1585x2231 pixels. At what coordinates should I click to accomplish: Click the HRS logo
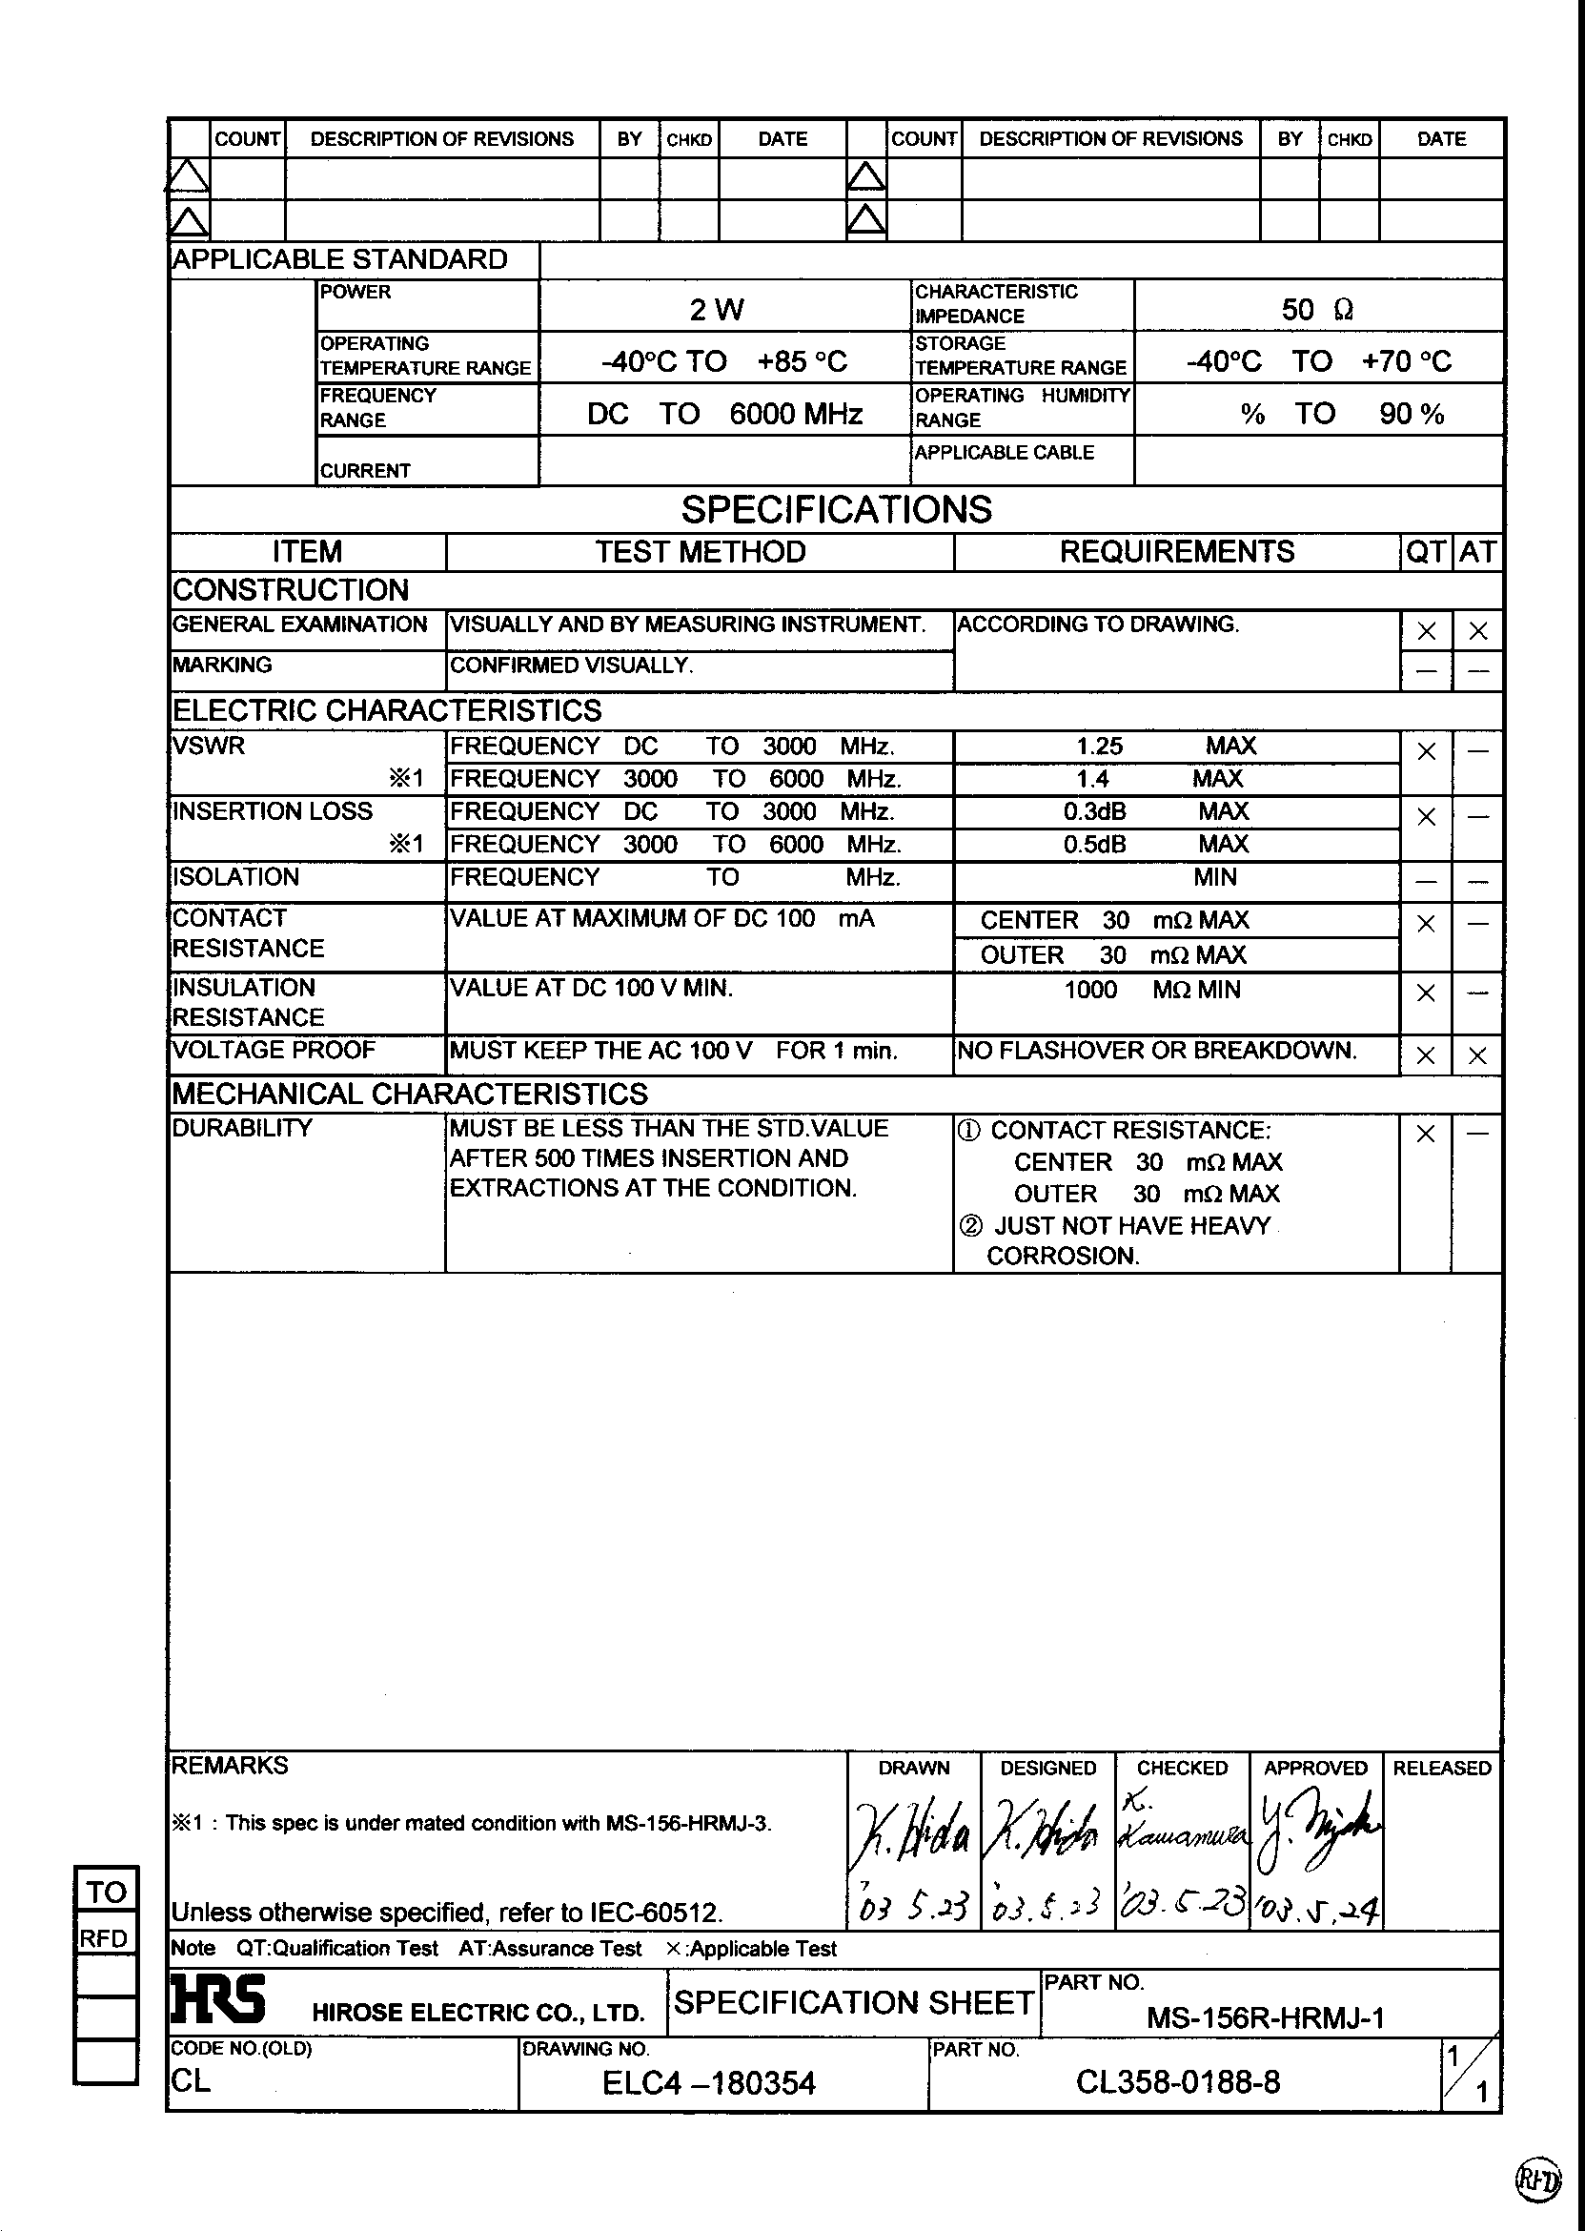217,1997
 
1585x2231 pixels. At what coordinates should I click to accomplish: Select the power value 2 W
717,311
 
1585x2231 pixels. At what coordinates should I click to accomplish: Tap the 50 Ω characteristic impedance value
1316,311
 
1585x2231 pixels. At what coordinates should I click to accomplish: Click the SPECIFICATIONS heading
836,510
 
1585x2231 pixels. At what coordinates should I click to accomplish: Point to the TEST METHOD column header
700,553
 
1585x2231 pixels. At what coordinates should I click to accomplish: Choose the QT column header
1425,553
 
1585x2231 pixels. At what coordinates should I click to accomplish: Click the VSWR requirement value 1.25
1099,747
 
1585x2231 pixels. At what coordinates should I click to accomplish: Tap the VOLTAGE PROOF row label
274,1051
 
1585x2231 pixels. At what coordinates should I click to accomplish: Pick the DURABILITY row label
242,1129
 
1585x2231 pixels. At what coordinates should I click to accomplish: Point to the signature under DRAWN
911,1832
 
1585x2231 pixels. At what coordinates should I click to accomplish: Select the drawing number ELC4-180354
708,2083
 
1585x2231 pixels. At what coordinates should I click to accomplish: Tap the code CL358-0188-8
1177,2082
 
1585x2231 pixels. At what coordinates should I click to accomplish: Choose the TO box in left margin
107,1893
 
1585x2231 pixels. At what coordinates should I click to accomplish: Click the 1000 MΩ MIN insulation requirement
1151,990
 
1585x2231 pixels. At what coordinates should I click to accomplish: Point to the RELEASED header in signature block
1440,1769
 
